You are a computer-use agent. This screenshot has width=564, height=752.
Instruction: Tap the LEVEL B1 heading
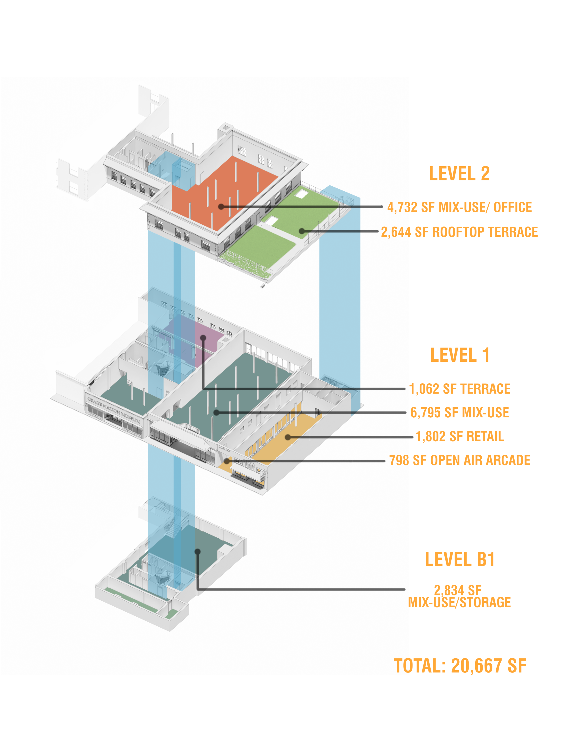click(460, 559)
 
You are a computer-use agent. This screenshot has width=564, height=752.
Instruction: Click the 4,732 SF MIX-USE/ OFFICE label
click(460, 207)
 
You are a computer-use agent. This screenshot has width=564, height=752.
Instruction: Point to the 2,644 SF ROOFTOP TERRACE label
click(459, 232)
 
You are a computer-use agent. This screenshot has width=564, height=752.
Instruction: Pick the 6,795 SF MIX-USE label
click(460, 413)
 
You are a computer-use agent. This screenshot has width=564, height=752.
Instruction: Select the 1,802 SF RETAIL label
click(460, 437)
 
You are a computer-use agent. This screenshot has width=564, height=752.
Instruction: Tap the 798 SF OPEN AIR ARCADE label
click(460, 460)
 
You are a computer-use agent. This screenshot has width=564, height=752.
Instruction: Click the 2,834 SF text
click(458, 590)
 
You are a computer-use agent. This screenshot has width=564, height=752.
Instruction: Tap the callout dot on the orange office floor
click(221, 206)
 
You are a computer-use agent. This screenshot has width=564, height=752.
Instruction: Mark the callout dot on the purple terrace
click(203, 338)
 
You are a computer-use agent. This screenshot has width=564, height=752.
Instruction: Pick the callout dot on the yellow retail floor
click(288, 437)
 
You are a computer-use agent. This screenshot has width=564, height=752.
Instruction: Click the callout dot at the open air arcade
click(227, 461)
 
